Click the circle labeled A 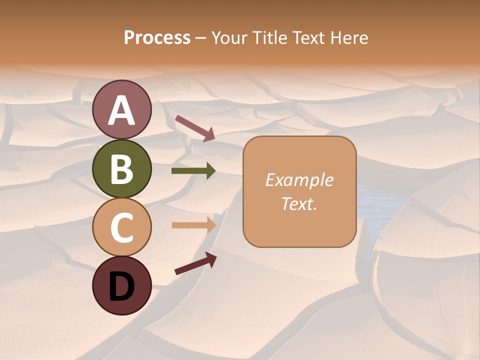click(x=122, y=110)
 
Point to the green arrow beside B click(x=193, y=171)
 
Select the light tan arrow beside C click(x=193, y=225)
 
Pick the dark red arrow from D click(x=195, y=263)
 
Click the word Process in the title click(x=157, y=37)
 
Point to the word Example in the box click(x=299, y=180)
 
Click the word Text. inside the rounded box click(x=299, y=203)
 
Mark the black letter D click(x=122, y=286)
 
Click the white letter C click(x=122, y=227)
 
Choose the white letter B click(x=122, y=169)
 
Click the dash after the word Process click(x=201, y=38)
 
